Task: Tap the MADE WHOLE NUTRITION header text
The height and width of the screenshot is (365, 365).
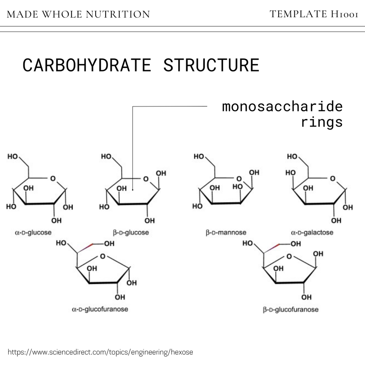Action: click(78, 15)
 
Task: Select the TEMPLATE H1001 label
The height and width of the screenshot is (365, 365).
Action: click(314, 14)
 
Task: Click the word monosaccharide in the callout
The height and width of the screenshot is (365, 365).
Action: click(283, 107)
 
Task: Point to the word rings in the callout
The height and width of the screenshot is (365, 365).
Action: click(322, 122)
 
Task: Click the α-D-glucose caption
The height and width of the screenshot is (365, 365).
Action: click(33, 233)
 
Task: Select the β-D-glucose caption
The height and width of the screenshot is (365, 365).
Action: click(131, 233)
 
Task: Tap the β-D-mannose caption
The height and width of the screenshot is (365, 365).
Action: click(226, 233)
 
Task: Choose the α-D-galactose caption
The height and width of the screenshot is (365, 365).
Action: click(312, 233)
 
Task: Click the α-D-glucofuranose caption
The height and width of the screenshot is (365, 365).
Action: click(100, 310)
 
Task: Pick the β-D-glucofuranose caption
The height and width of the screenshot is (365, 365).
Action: click(291, 310)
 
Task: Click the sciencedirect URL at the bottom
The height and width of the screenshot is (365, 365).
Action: click(100, 352)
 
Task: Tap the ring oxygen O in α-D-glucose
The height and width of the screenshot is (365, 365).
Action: click(53, 179)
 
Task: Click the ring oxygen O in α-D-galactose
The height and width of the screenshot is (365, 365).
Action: click(332, 179)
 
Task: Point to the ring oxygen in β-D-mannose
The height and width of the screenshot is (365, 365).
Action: click(239, 179)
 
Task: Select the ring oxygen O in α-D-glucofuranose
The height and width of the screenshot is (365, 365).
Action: click(103, 256)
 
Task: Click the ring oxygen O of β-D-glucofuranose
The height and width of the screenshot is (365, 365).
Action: click(289, 256)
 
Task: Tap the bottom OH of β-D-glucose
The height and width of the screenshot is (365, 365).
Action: click(149, 221)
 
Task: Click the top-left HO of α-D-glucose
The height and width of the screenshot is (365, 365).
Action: click(12, 157)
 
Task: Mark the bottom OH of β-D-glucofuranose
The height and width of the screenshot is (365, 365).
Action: click(307, 296)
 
